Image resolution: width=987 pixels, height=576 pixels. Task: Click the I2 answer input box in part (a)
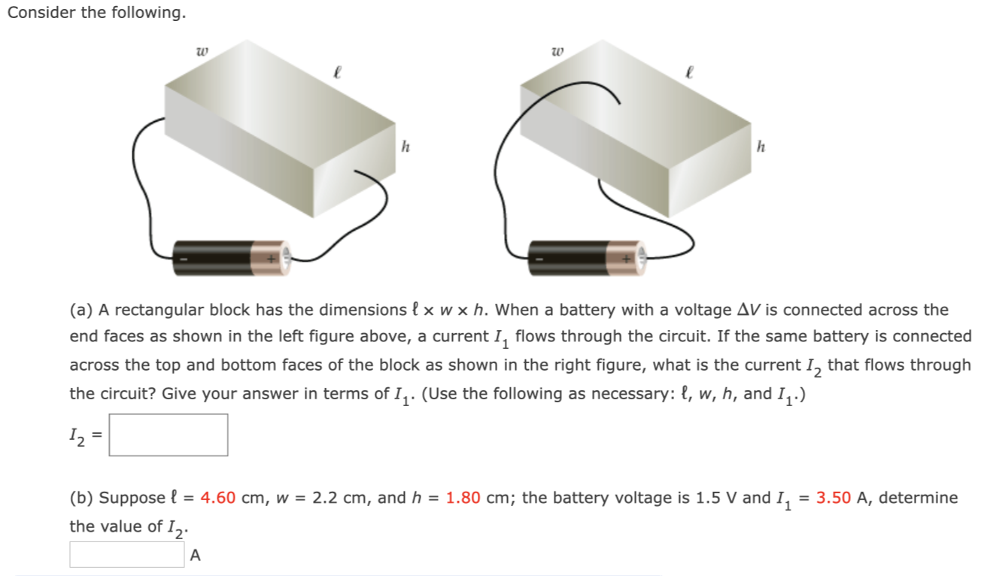169,435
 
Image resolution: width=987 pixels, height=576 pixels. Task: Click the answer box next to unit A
126,555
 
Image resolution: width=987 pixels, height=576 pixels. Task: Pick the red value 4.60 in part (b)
218,498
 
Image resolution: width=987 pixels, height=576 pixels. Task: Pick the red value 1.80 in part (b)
463,498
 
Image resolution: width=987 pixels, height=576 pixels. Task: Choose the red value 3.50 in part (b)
833,498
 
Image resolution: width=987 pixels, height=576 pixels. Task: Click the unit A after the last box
196,556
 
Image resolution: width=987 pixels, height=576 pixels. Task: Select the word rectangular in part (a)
159,310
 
